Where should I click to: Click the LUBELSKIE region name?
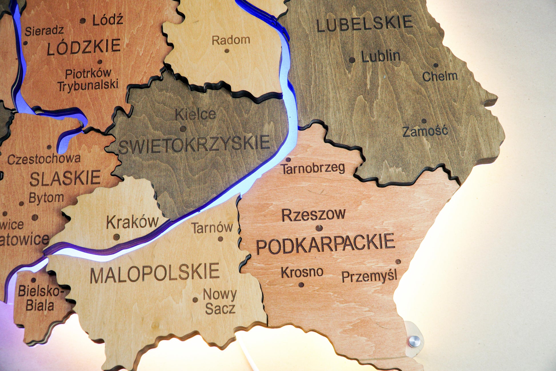(365, 23)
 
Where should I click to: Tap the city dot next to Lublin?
(352, 60)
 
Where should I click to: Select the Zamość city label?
(425, 132)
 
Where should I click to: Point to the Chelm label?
(440, 76)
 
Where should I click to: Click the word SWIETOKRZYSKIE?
(194, 144)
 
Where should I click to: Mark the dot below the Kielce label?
(183, 129)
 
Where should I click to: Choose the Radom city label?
(231, 40)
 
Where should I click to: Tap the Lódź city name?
(108, 20)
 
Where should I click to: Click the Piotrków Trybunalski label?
(88, 80)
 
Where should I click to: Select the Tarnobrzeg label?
(313, 168)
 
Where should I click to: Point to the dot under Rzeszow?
(319, 228)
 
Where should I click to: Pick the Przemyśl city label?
(369, 276)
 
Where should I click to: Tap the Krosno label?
(302, 272)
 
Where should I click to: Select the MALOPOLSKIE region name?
(155, 273)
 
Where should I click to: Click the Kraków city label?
(132, 222)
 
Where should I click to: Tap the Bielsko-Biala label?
(40, 298)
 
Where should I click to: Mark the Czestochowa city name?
(44, 159)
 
